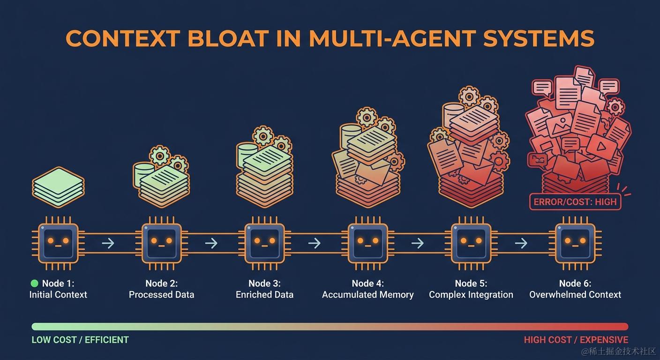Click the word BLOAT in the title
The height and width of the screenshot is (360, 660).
click(x=228, y=38)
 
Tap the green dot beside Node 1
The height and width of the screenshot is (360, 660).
click(x=35, y=283)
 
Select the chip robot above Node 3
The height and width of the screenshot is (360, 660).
click(x=264, y=243)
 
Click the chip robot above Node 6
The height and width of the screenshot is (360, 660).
click(x=575, y=243)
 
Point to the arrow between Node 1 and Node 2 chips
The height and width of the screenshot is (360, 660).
click(x=108, y=243)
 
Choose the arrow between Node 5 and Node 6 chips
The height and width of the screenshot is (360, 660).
click(x=521, y=243)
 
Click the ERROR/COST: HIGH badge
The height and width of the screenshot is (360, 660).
click(x=575, y=202)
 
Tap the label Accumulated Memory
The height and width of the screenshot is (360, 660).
click(x=367, y=294)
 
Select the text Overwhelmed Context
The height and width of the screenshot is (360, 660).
click(x=575, y=294)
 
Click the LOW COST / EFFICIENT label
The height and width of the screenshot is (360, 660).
click(x=80, y=340)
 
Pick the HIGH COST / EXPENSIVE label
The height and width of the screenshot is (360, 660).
click(x=576, y=340)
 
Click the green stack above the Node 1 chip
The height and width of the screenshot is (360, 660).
click(x=58, y=187)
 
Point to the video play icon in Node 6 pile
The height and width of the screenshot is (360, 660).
click(x=601, y=146)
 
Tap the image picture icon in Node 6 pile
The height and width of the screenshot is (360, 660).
click(x=559, y=125)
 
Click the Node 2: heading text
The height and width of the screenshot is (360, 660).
click(x=161, y=283)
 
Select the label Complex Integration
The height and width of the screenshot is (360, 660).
click(x=471, y=294)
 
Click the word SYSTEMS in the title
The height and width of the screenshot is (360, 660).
click(x=539, y=38)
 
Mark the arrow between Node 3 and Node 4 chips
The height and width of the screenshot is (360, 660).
click(x=315, y=243)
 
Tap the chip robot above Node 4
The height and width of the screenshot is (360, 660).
click(x=367, y=243)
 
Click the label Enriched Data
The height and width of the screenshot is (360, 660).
click(x=264, y=294)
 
